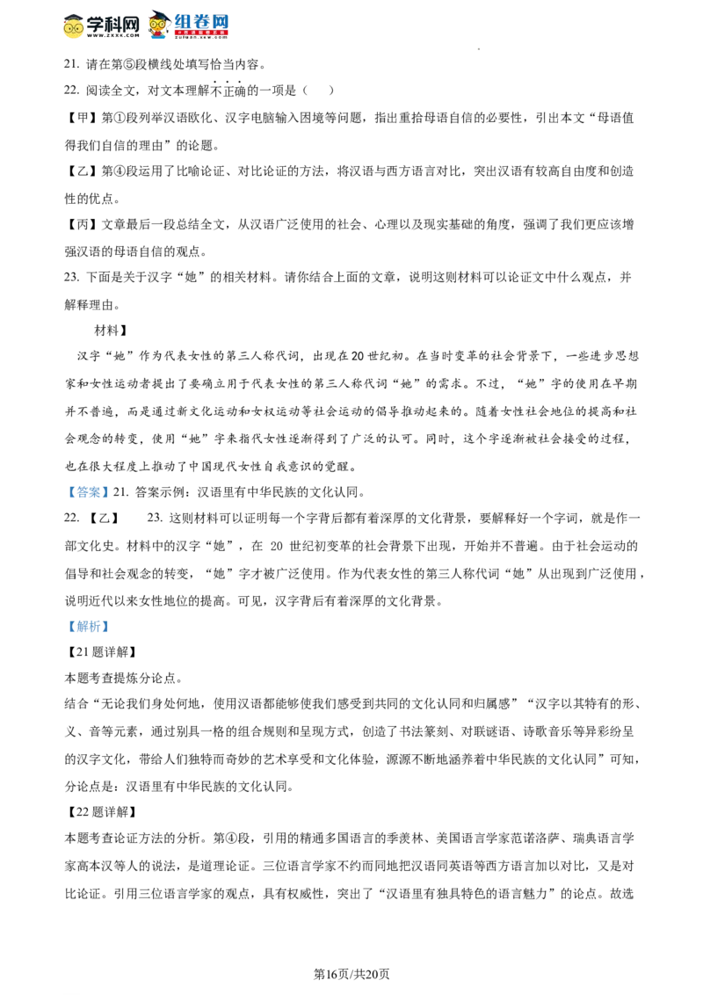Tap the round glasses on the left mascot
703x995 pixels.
click(74, 28)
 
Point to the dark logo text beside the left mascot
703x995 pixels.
click(114, 25)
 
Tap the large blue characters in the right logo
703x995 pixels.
click(202, 21)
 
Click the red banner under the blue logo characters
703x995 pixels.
click(200, 33)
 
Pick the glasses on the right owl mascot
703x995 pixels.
click(158, 25)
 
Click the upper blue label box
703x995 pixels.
click(88, 492)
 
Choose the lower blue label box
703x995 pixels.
click(88, 626)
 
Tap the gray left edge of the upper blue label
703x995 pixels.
click(65, 492)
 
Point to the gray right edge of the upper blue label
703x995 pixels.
click(111, 492)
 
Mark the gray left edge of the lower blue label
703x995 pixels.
click(65, 626)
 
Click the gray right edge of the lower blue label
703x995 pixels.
click(111, 626)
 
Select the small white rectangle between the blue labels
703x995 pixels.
click(250, 537)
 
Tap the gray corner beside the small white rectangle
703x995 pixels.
click(257, 538)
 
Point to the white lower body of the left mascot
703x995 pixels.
click(74, 38)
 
